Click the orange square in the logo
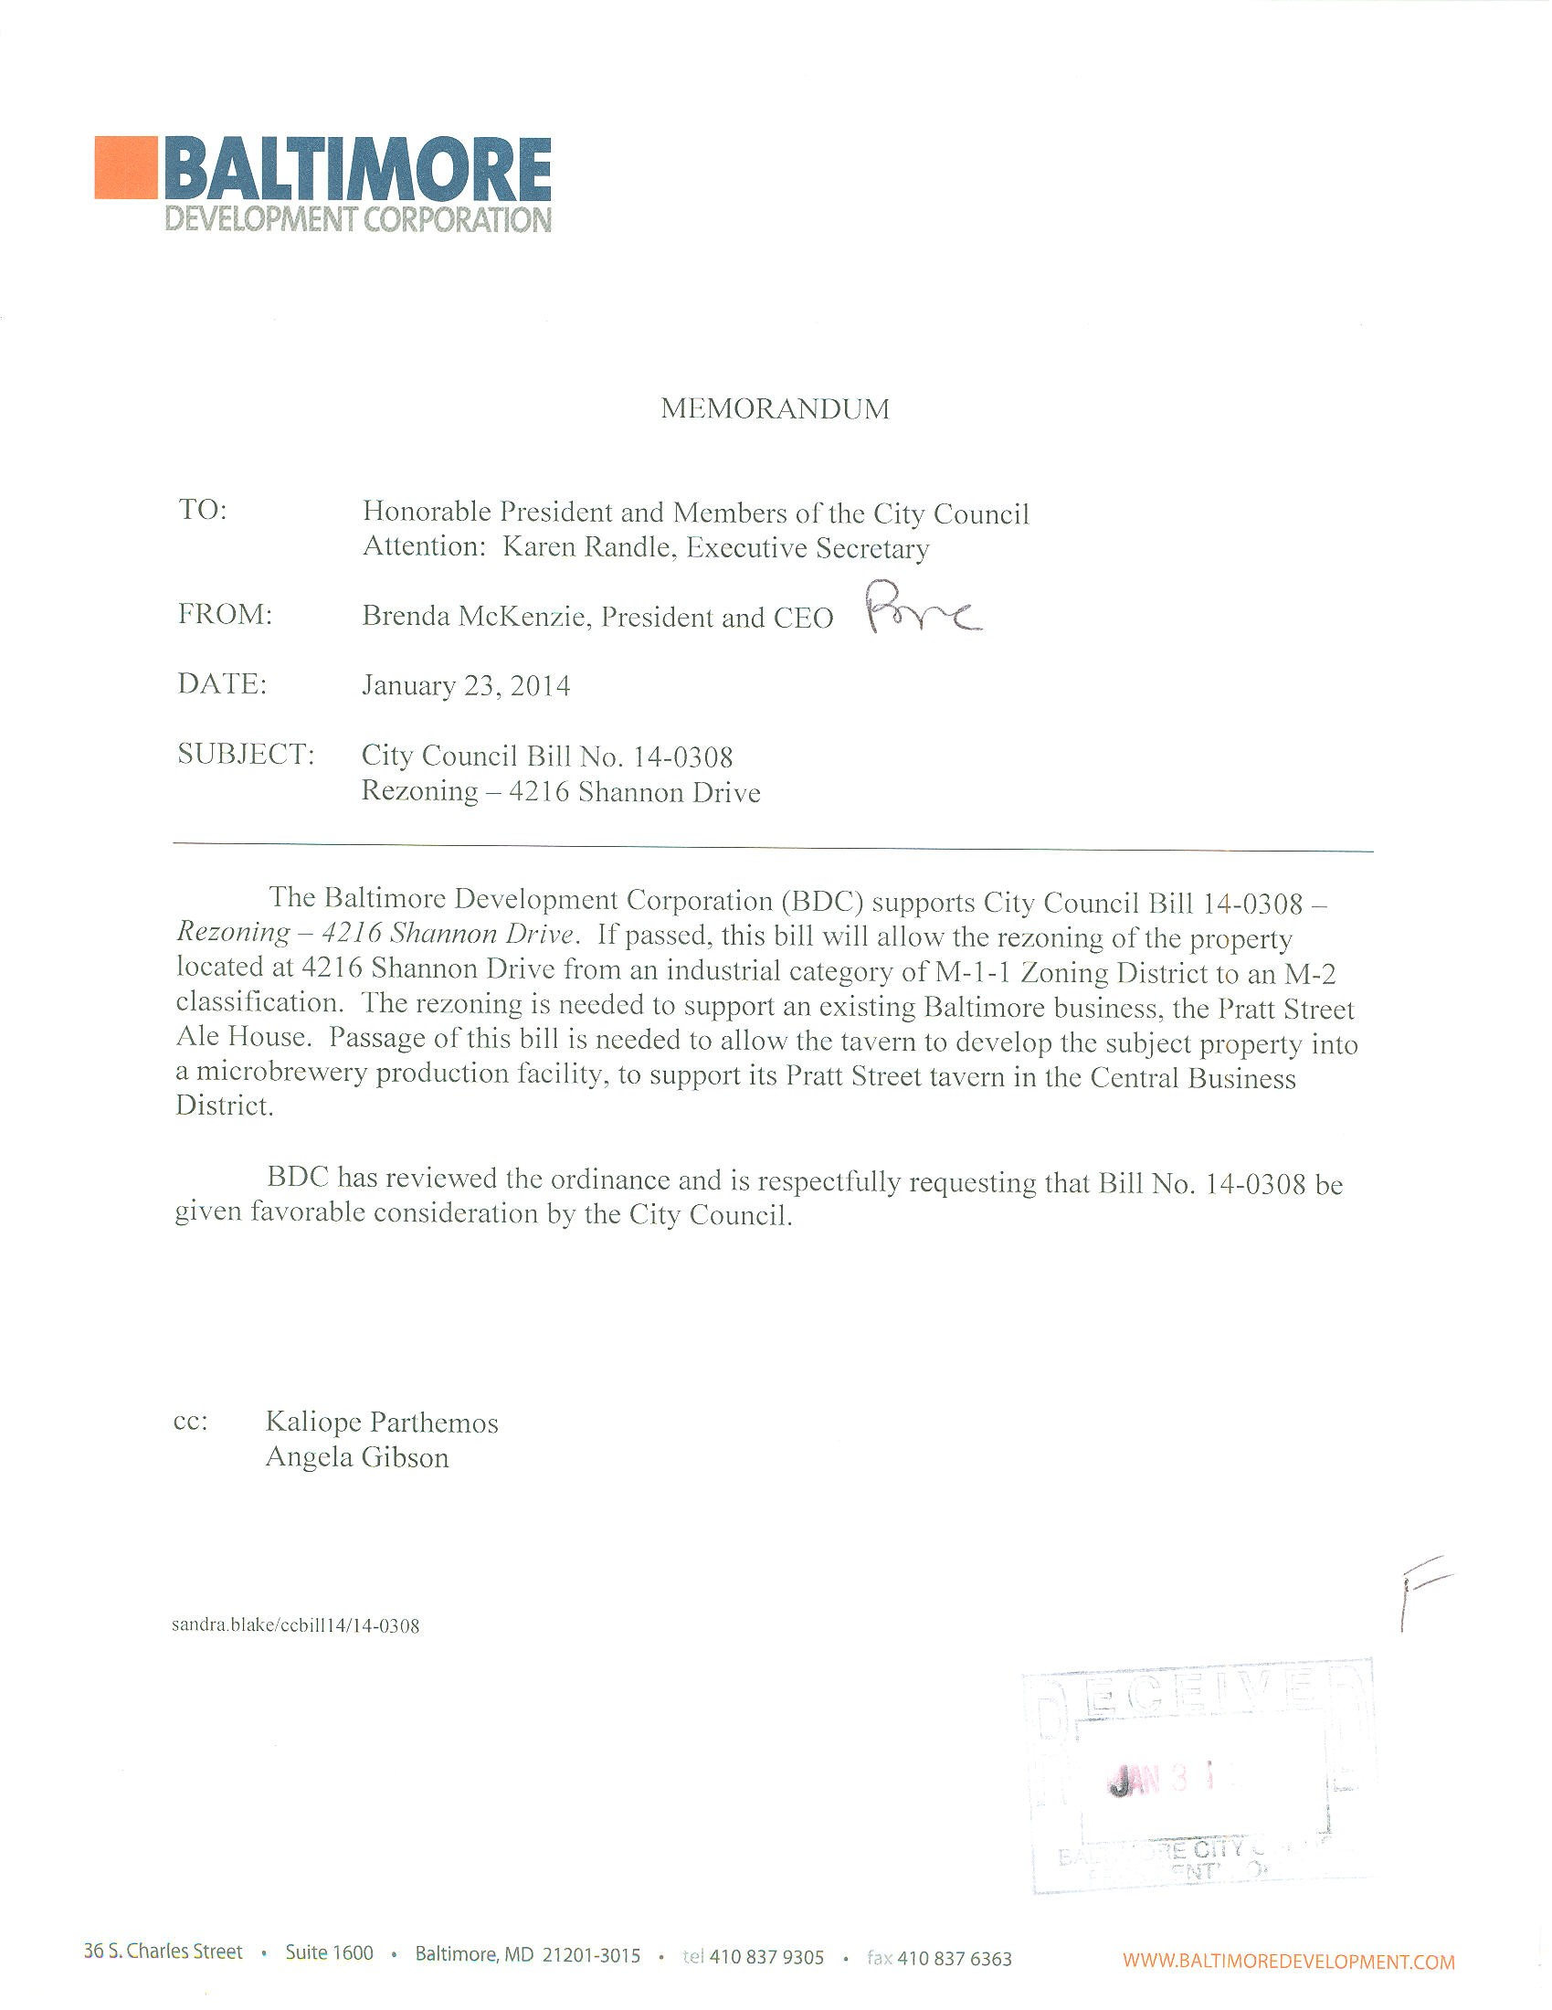(x=125, y=167)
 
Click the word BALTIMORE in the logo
(x=357, y=169)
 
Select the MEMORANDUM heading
(x=775, y=408)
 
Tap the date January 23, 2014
(x=466, y=686)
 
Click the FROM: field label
(x=225, y=615)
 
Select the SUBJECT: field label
(x=246, y=755)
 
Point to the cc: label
(x=191, y=1421)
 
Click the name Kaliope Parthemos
(x=382, y=1423)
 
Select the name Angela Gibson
(x=357, y=1458)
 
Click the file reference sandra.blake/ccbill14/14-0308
(x=295, y=1626)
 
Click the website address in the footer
(x=1288, y=1962)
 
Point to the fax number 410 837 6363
(x=954, y=1959)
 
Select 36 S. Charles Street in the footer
(x=164, y=1952)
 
